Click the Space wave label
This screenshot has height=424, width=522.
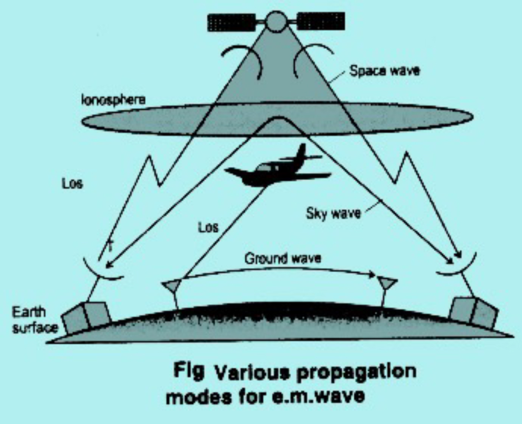384,71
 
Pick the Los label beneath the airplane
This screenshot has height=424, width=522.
208,228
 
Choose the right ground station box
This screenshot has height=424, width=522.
473,313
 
